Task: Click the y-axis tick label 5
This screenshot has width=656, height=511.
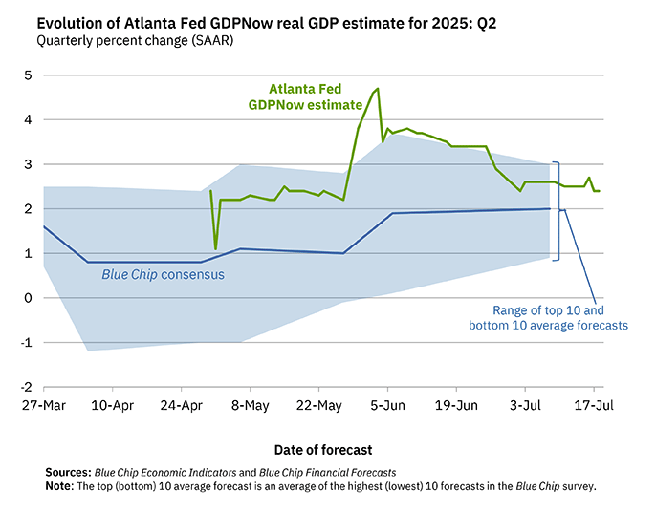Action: tap(29, 75)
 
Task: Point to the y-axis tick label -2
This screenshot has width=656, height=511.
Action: tap(27, 387)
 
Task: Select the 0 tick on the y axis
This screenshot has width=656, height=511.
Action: tap(29, 298)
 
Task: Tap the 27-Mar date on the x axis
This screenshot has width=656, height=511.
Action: tap(44, 406)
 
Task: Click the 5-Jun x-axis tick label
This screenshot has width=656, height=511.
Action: tap(387, 406)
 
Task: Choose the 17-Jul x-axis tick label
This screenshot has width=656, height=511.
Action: tap(594, 406)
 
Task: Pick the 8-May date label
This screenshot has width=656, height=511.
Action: tap(250, 406)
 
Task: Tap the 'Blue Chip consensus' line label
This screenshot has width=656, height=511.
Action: tap(163, 275)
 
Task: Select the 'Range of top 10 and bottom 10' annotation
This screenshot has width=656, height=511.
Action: tap(548, 318)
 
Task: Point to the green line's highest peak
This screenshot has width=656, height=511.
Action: tap(378, 88)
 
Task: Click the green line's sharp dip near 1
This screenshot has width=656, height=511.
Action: tap(215, 249)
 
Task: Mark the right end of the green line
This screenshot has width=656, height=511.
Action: tap(599, 191)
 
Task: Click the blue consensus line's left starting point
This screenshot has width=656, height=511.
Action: tap(44, 226)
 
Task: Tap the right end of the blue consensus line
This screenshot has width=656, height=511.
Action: tap(549, 208)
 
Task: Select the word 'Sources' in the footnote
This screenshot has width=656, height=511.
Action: tap(67, 472)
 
